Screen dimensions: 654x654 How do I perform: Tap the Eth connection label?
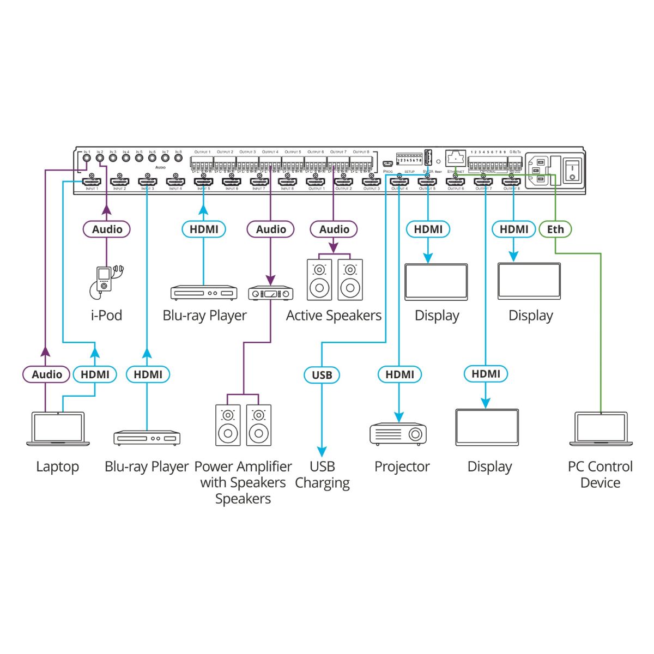pyautogui.click(x=555, y=229)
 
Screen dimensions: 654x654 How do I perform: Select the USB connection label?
pyautogui.click(x=322, y=375)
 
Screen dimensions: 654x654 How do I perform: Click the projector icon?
pyautogui.click(x=398, y=434)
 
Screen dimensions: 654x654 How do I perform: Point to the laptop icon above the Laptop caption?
pyautogui.click(x=58, y=429)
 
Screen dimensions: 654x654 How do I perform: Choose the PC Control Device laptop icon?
pyautogui.click(x=601, y=429)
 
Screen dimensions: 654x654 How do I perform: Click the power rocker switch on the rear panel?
pyautogui.click(x=572, y=169)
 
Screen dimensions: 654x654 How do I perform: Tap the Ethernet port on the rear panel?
pyautogui.click(x=455, y=158)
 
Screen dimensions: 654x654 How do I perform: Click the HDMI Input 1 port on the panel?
pyautogui.click(x=92, y=181)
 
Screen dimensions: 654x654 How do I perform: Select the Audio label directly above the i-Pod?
pyautogui.click(x=107, y=229)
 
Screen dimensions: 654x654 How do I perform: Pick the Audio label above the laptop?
pyautogui.click(x=46, y=374)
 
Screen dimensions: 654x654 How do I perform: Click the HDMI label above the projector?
pyautogui.click(x=399, y=374)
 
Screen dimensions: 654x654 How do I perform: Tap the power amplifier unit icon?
pyautogui.click(x=270, y=294)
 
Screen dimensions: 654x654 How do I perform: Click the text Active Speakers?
pyautogui.click(x=334, y=316)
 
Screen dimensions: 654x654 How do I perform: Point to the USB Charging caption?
pyautogui.click(x=322, y=475)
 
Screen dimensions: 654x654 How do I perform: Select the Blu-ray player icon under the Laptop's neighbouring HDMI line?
pyautogui.click(x=147, y=438)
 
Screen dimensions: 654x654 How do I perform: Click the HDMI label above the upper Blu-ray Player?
pyautogui.click(x=204, y=229)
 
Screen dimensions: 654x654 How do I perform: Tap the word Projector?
pyautogui.click(x=402, y=467)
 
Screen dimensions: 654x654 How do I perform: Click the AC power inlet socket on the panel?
pyautogui.click(x=539, y=169)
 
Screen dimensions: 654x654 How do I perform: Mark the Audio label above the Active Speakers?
pyautogui.click(x=334, y=229)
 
